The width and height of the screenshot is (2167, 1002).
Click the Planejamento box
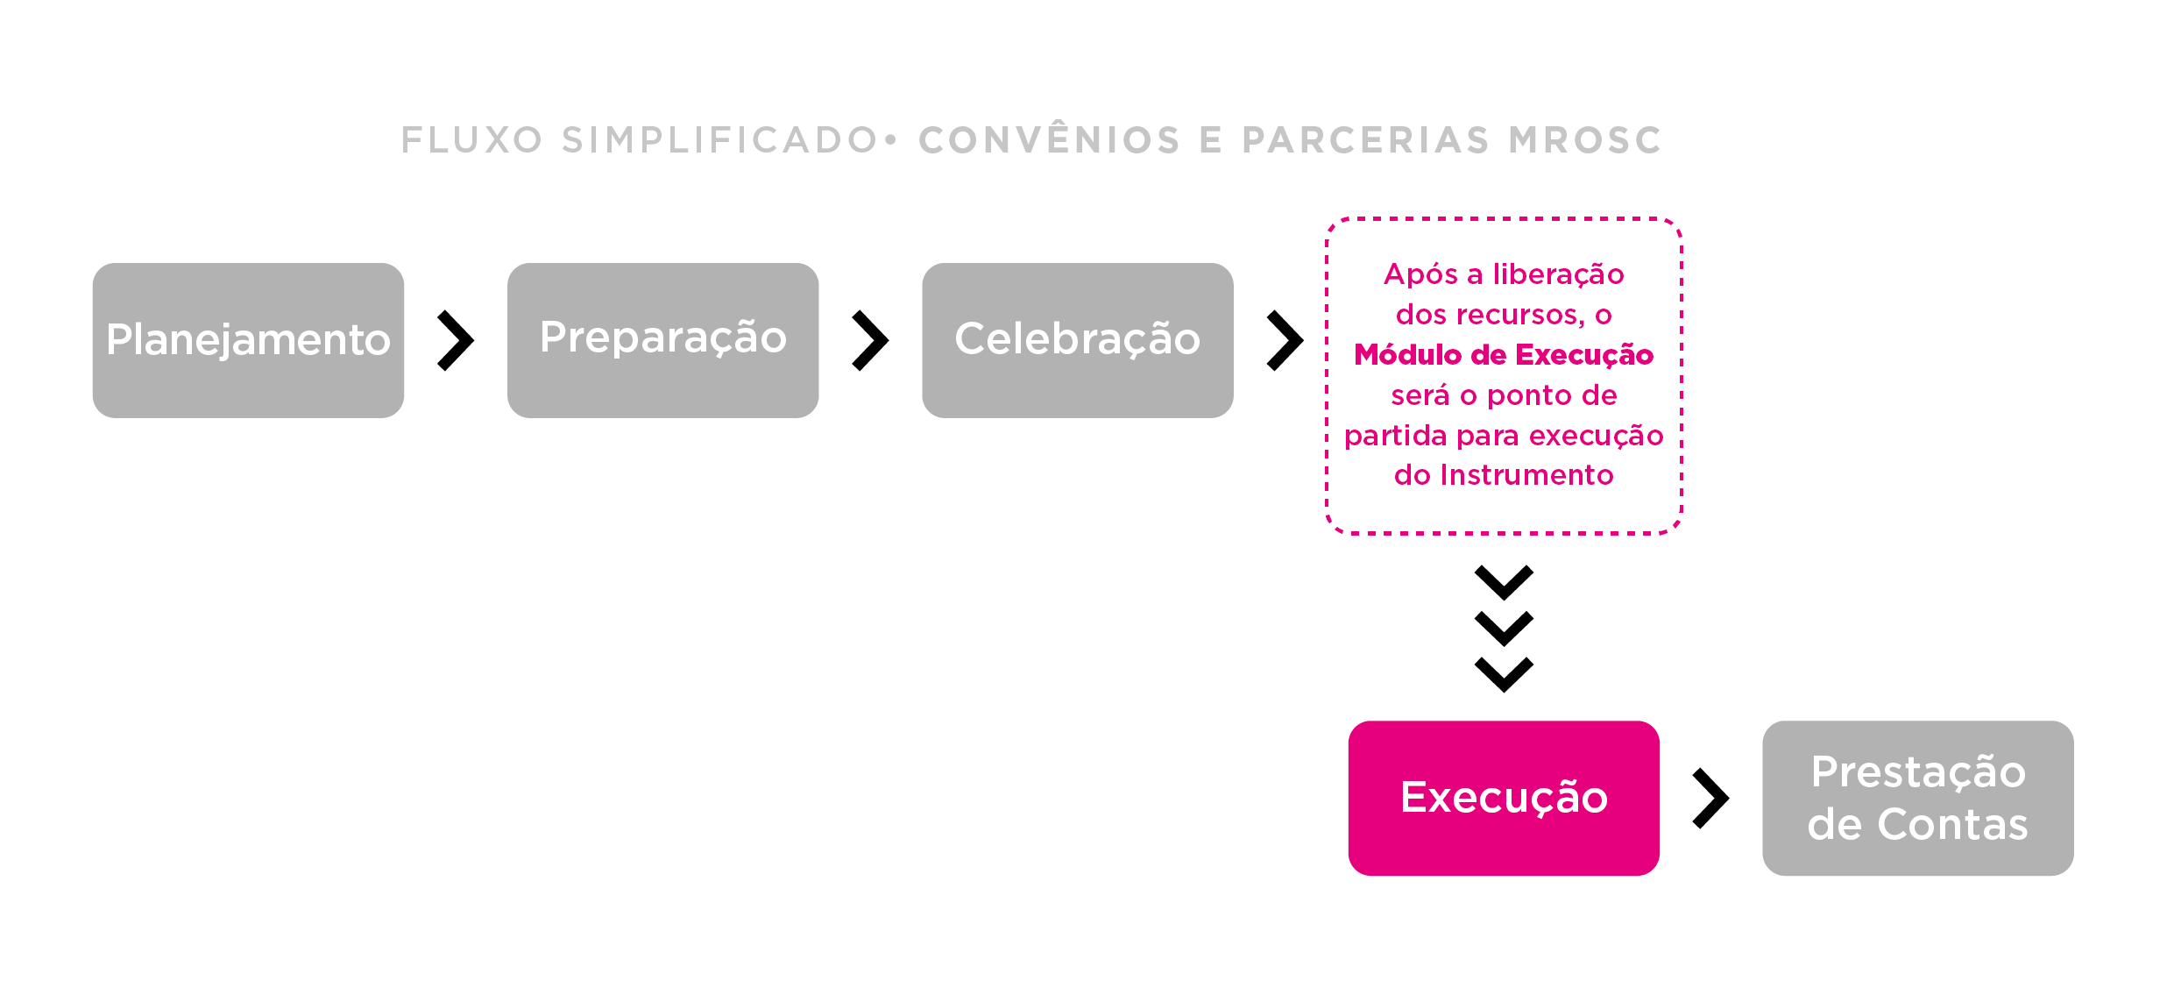[248, 340]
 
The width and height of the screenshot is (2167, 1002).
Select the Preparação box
[662, 340]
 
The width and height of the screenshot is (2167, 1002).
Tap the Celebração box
[1077, 340]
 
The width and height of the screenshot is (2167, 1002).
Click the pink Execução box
[1504, 798]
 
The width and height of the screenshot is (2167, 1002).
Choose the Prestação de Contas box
[1917, 798]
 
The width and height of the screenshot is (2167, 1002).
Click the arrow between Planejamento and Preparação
[456, 340]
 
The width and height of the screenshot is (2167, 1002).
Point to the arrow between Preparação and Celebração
[870, 340]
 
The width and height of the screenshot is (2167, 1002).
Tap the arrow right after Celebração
[1285, 340]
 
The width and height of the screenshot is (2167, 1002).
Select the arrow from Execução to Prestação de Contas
[1710, 798]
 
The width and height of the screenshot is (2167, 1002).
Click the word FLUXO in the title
[472, 140]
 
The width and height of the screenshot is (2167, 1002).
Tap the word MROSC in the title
[1585, 140]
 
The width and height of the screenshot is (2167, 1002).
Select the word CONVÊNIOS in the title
[1050, 140]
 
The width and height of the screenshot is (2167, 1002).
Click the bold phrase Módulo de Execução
[1504, 355]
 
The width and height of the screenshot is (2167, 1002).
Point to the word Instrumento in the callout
[1526, 475]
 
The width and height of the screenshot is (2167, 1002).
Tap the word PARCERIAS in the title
[1366, 140]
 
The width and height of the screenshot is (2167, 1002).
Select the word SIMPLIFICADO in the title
[719, 140]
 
